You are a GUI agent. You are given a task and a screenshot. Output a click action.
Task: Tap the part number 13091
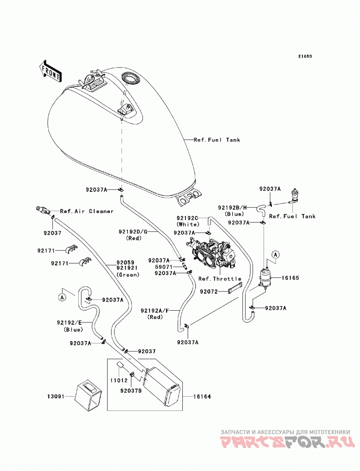[56, 397]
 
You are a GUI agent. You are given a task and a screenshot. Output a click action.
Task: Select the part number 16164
[202, 397]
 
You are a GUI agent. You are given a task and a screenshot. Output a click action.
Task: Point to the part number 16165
[290, 278]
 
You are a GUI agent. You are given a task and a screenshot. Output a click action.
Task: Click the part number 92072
[209, 291]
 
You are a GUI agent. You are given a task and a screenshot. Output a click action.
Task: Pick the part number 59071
[163, 267]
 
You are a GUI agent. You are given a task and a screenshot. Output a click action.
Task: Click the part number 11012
[119, 380]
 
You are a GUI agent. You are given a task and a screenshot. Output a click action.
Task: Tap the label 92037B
[131, 391]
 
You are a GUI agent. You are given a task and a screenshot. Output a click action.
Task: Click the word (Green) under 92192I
[128, 275]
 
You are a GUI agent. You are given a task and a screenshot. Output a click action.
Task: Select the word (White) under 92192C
[188, 224]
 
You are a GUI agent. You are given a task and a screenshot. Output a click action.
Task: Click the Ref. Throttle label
[220, 279]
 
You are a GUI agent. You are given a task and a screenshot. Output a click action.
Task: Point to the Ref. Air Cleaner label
[87, 211]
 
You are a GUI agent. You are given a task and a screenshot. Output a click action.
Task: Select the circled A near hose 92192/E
[62, 297]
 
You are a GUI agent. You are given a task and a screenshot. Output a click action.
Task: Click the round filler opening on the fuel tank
[130, 77]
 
